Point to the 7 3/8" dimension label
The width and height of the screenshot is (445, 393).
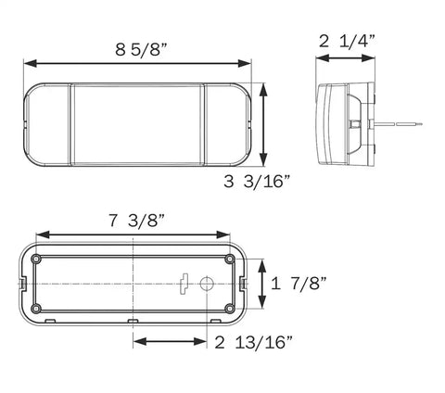pyautogui.click(x=137, y=220)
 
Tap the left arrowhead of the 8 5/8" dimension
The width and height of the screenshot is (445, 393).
pyautogui.click(x=29, y=63)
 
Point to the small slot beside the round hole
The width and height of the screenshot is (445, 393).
pyautogui.click(x=186, y=284)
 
